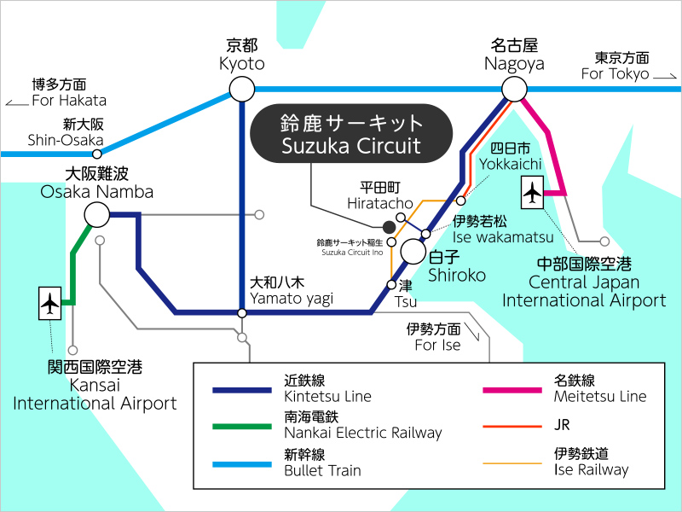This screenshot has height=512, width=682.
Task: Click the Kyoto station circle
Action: coord(242,88)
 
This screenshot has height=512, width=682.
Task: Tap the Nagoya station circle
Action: coord(514,88)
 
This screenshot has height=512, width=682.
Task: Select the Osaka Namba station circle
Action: coord(96,214)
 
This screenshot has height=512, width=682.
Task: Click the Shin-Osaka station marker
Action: coord(97,154)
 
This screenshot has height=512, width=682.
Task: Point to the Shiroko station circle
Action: coord(413,252)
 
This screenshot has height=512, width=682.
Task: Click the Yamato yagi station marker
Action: coord(242,313)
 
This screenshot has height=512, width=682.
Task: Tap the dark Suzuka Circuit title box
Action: coord(351,134)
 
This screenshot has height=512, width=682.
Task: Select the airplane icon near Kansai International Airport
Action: coord(50,303)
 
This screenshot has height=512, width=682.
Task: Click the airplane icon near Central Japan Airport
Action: coord(534,193)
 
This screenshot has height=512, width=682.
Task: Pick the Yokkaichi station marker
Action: coord(460,201)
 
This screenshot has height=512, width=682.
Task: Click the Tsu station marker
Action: coord(391,284)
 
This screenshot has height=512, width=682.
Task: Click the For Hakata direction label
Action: coord(59,93)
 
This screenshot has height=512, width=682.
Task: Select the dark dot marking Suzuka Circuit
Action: coord(389,227)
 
